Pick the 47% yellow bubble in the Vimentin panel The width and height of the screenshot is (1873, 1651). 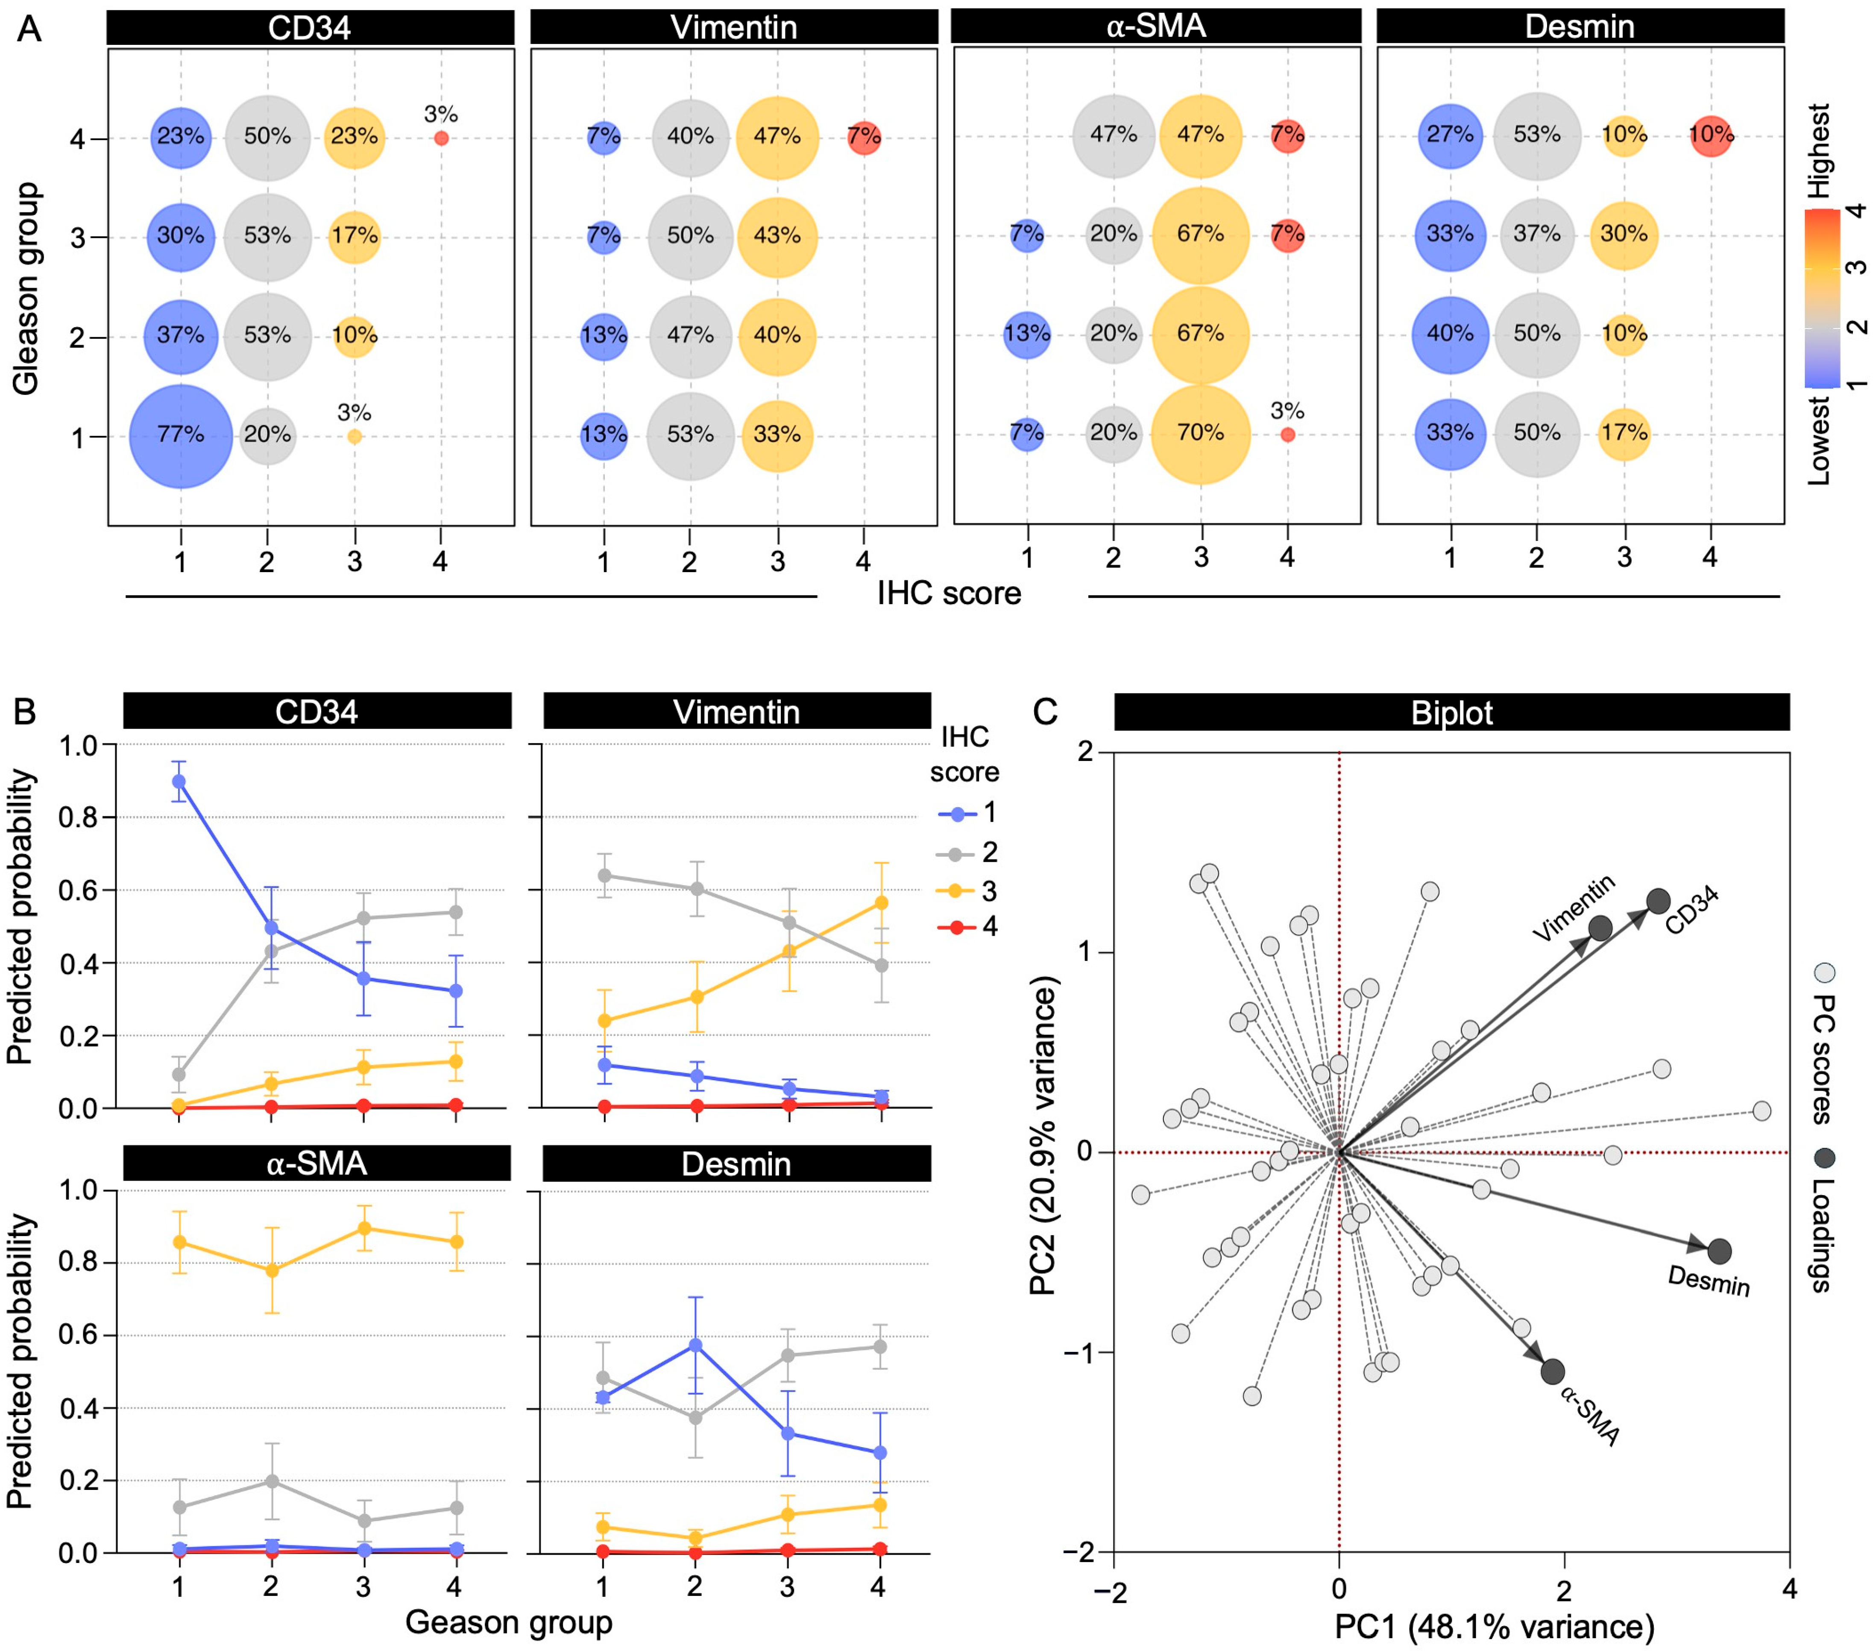click(x=777, y=137)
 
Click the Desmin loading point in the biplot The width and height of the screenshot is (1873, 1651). click(x=1719, y=1250)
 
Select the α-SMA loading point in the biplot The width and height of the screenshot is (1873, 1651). click(x=1552, y=1372)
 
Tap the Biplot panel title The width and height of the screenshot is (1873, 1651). click(x=1451, y=712)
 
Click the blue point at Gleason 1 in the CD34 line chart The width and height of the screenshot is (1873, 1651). click(x=179, y=781)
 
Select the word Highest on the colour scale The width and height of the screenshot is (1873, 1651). click(x=1820, y=151)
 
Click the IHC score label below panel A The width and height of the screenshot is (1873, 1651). click(x=948, y=593)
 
